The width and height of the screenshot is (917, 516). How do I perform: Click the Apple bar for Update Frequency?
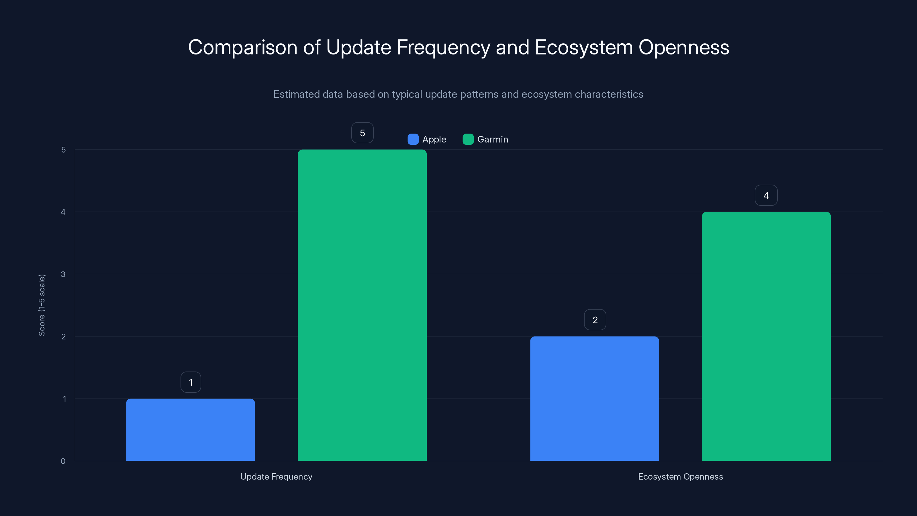(191, 429)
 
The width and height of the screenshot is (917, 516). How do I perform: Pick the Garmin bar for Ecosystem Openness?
(766, 336)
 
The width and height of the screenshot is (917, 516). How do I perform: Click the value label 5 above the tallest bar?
(363, 133)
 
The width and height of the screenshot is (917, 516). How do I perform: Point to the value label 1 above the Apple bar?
(191, 382)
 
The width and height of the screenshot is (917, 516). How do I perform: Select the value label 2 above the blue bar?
(595, 320)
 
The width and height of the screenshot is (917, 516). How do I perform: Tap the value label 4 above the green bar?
(766, 195)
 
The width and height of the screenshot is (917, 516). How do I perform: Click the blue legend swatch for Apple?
(413, 139)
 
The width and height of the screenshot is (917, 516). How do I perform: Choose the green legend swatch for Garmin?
(468, 139)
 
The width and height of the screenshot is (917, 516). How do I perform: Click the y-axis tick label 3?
(63, 274)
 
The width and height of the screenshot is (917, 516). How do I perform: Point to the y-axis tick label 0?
(63, 461)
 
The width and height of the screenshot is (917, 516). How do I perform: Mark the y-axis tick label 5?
(63, 150)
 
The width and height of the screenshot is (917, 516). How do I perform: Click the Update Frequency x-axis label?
(276, 476)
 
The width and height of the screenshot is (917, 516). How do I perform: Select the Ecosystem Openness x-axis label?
(680, 476)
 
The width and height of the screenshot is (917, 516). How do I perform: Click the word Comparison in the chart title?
(242, 47)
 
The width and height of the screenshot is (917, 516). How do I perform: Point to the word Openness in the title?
(683, 47)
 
